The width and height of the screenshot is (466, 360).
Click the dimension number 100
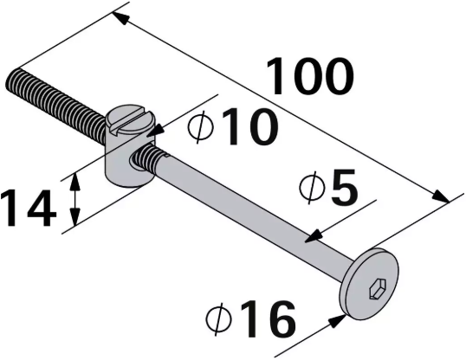[309, 76]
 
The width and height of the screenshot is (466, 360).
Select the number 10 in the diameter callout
[247, 129]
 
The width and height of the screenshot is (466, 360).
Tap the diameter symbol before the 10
[200, 130]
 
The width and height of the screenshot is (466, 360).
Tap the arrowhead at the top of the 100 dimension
[120, 16]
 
